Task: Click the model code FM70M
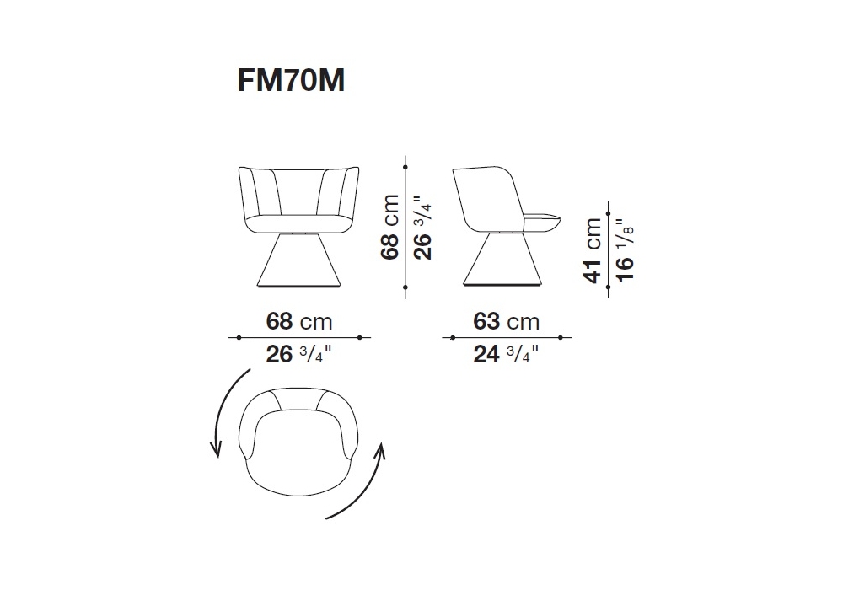[291, 81]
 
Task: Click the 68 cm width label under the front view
[299, 321]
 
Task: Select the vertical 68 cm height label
[390, 228]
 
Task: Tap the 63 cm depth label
[507, 321]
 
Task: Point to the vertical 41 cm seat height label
[593, 249]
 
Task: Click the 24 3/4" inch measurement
[506, 355]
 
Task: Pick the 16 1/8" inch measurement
[626, 249]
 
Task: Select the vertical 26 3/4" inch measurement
[422, 228]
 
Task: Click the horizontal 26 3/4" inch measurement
[299, 355]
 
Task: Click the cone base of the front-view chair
[299, 260]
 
